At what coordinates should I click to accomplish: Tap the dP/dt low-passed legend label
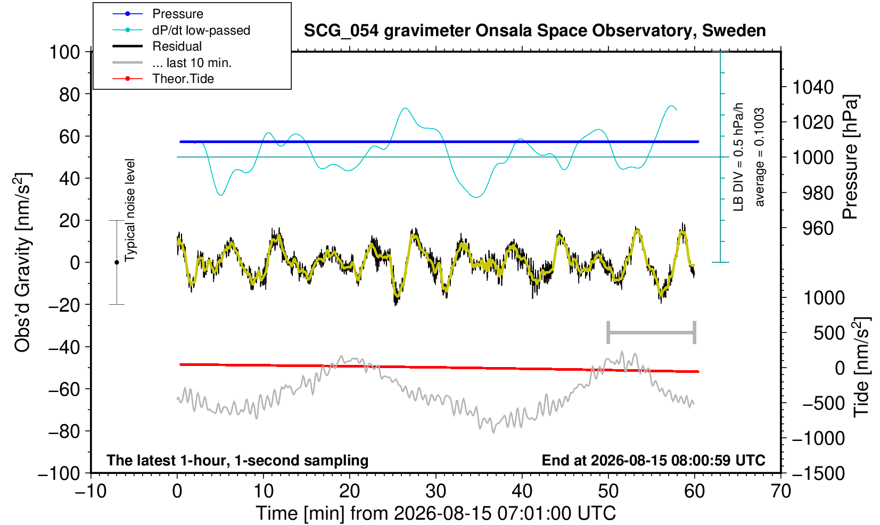[x=201, y=30]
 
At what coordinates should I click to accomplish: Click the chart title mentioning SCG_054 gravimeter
[x=534, y=31]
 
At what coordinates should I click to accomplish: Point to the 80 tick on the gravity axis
[x=69, y=95]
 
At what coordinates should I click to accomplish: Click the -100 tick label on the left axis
[x=59, y=474]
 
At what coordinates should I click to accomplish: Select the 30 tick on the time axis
[x=435, y=491]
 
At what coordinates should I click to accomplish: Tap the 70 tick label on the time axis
[x=780, y=491]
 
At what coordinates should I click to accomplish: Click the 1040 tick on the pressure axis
[x=813, y=87]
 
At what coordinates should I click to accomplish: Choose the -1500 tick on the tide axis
[x=818, y=474]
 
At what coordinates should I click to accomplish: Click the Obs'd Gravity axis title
[x=22, y=263]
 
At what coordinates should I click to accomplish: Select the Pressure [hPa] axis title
[x=850, y=157]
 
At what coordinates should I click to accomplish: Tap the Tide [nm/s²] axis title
[x=861, y=368]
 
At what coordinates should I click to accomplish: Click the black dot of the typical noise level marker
[x=117, y=262]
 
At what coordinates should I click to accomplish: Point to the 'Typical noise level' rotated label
[x=130, y=211]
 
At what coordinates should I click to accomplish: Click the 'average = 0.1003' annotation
[x=759, y=157]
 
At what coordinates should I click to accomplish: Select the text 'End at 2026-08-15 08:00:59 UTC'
[x=653, y=460]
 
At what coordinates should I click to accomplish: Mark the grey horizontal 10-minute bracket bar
[x=652, y=332]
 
